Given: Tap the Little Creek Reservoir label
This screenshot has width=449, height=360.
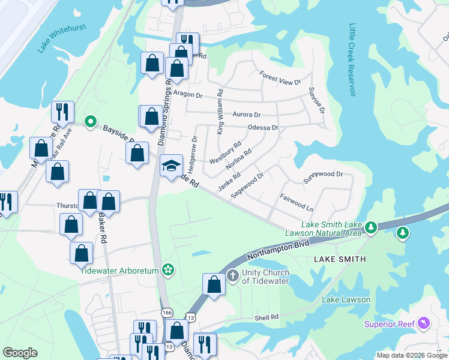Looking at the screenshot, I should [x=351, y=59].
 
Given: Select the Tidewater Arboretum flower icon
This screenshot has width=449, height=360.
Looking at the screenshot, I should [x=168, y=271].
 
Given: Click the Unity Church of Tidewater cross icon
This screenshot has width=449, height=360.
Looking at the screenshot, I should [x=234, y=276].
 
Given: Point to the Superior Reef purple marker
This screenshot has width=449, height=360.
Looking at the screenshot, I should [x=424, y=325].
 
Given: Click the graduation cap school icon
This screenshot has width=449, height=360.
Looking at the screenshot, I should [x=171, y=165].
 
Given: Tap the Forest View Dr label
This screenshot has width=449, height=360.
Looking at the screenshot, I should [x=279, y=78].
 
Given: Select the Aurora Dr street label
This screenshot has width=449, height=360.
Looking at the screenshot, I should [x=246, y=115].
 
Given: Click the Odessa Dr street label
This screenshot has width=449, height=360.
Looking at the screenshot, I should [x=263, y=128].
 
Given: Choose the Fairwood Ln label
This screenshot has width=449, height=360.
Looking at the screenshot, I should [x=297, y=201].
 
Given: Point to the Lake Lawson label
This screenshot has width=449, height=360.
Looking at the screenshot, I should [x=346, y=299].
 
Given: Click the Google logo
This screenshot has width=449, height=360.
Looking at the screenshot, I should [x=20, y=353].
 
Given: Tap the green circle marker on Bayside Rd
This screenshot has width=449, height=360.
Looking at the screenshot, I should [x=90, y=122].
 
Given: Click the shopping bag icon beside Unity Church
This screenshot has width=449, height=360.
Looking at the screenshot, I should [x=214, y=284].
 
